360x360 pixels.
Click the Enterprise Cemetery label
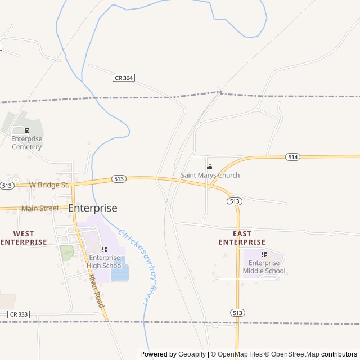coord(26,143)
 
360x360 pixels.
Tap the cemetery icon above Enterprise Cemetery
coord(26,130)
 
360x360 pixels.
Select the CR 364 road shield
coord(124,78)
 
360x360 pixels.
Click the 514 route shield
coord(292,156)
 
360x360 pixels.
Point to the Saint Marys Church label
coord(210,175)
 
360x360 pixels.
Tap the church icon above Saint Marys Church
coord(210,166)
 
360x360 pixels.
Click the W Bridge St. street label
coord(49,184)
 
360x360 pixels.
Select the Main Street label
coord(40,208)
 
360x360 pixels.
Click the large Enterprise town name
coord(93,208)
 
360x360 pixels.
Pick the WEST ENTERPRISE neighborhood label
coord(24,237)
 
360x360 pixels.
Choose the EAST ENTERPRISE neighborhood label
coord(242,237)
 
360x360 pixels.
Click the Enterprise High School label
coord(104,262)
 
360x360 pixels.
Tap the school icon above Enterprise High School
coord(104,249)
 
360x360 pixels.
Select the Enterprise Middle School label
coord(264,267)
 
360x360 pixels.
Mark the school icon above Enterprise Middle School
coord(264,254)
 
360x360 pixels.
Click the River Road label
coord(96,291)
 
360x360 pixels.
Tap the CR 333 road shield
coord(19,314)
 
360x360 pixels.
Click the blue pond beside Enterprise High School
coord(120,272)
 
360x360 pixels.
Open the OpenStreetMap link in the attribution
coord(292,354)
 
